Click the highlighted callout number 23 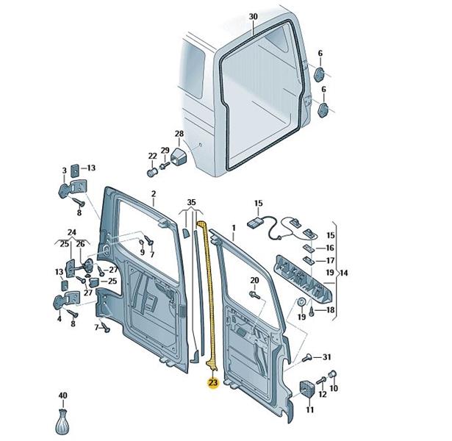point(213,383)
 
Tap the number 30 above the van point(253,17)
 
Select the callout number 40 point(63,395)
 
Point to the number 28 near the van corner point(179,134)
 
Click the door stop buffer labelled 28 point(178,157)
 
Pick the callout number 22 point(152,156)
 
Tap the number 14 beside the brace point(343,273)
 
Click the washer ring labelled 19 point(302,302)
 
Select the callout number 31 point(326,357)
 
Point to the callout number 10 point(334,388)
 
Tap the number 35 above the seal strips point(191,202)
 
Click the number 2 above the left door point(154,194)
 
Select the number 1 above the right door point(234,228)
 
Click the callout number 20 point(254,280)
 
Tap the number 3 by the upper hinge point(64,171)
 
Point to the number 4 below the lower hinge point(59,319)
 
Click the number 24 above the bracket point(72,232)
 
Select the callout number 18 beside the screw point(330,310)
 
